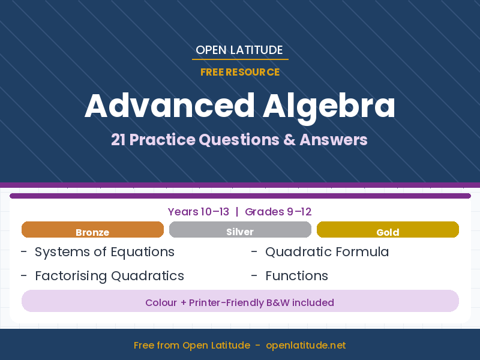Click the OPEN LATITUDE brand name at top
(x=239, y=50)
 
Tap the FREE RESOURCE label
(x=240, y=72)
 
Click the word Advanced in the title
(x=170, y=106)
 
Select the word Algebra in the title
(x=329, y=106)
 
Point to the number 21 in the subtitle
(x=118, y=140)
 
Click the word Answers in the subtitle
(x=334, y=140)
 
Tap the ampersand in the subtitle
(x=289, y=140)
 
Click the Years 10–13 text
(x=199, y=212)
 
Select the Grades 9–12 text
(x=278, y=212)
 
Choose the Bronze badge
(x=92, y=230)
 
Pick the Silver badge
(x=240, y=230)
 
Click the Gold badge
(x=388, y=230)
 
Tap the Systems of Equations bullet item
(x=104, y=252)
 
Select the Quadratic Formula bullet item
(x=327, y=252)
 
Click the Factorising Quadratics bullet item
(x=109, y=276)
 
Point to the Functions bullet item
(x=296, y=276)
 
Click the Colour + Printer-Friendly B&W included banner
(x=240, y=302)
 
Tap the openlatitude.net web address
(x=305, y=345)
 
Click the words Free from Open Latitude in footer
(x=192, y=345)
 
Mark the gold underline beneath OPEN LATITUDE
(x=240, y=59)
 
